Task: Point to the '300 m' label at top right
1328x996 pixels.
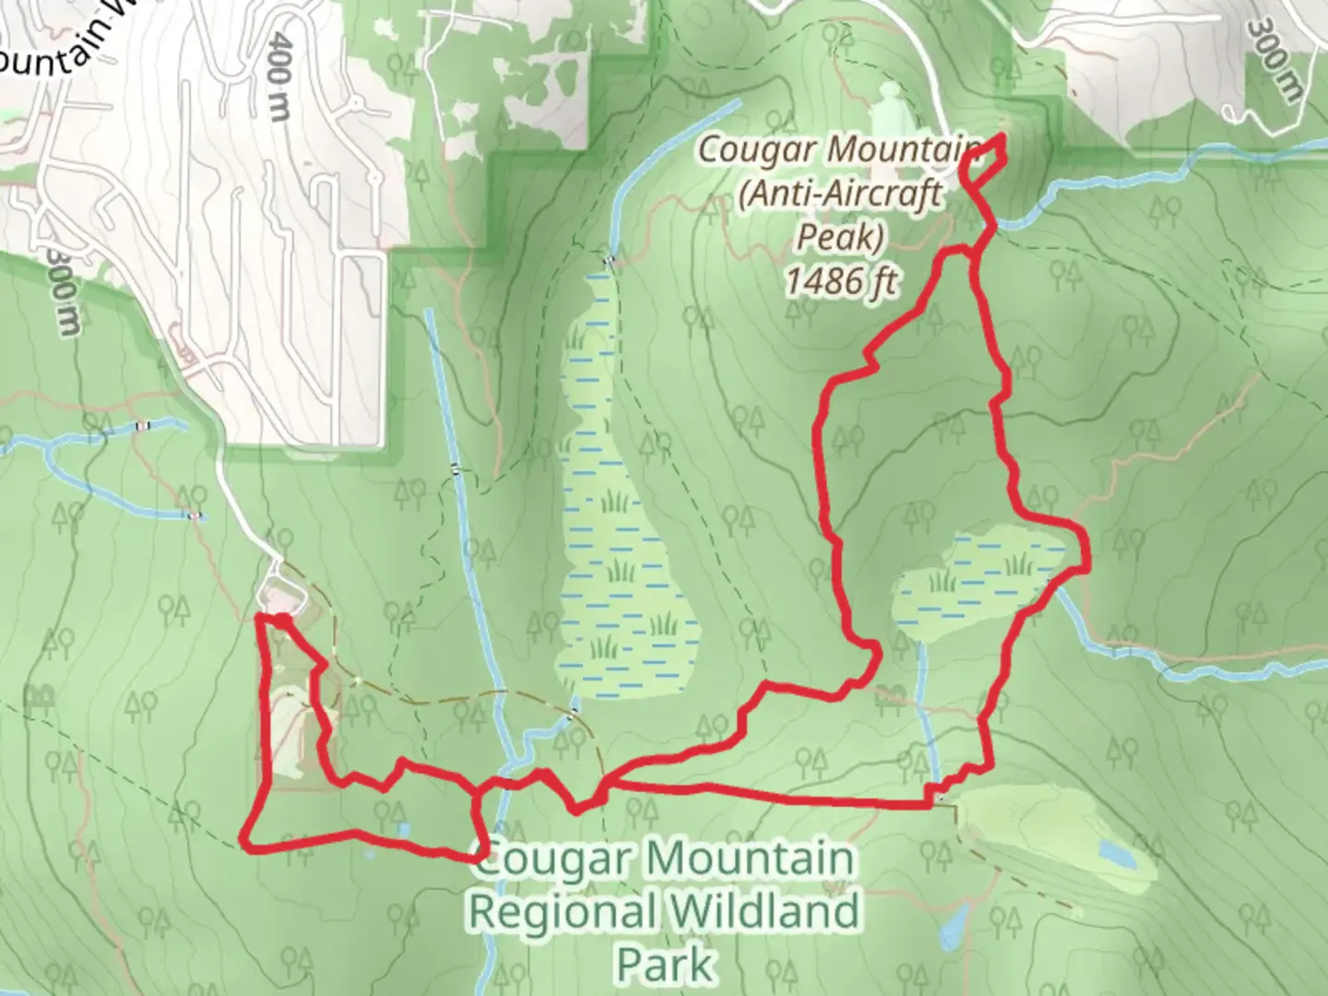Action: (1275, 59)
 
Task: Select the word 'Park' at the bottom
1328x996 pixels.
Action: (664, 964)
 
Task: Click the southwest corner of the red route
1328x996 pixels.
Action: (243, 840)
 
